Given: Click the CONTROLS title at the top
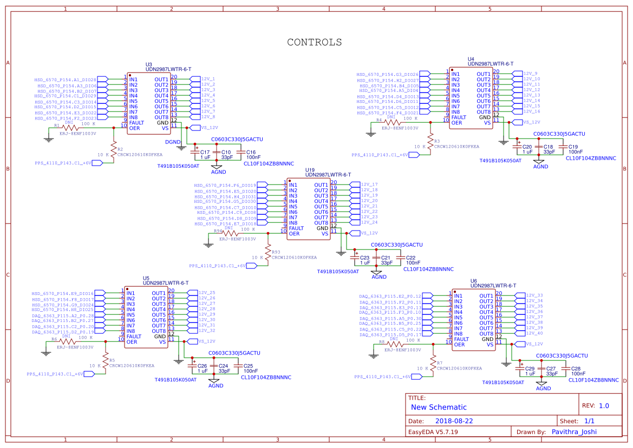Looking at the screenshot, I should [x=314, y=42].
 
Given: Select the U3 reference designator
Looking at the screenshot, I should [x=149, y=64].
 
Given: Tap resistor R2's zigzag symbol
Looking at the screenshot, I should [x=114, y=149].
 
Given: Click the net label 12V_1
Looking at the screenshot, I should [x=208, y=79].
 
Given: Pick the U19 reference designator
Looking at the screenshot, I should [x=310, y=170].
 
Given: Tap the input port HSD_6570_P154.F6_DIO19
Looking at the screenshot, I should [x=225, y=185].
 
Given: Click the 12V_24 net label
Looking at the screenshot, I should [x=369, y=222].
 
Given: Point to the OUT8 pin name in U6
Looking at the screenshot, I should [x=486, y=334].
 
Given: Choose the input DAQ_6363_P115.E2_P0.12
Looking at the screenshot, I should [x=390, y=296].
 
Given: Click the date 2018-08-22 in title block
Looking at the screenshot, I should [x=454, y=420].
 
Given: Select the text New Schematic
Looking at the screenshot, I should [x=439, y=407].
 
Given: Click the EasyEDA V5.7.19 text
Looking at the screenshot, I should [x=433, y=432].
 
